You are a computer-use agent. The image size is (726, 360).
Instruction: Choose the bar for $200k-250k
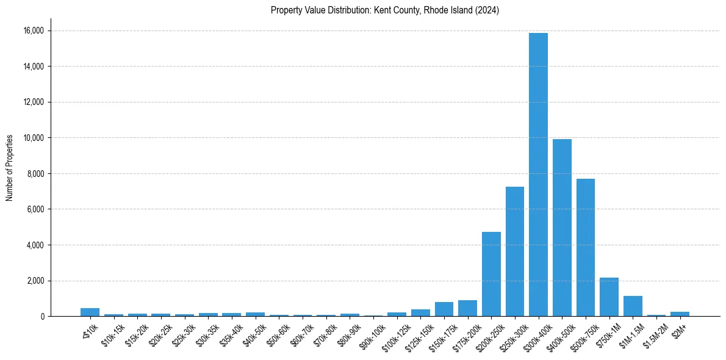click(491, 274)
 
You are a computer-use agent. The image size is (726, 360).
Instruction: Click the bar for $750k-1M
click(609, 297)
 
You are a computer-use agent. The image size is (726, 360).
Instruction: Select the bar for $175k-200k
click(467, 309)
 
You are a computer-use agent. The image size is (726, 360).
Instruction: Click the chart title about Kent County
click(385, 10)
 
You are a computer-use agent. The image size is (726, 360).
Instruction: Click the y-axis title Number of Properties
click(10, 167)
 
